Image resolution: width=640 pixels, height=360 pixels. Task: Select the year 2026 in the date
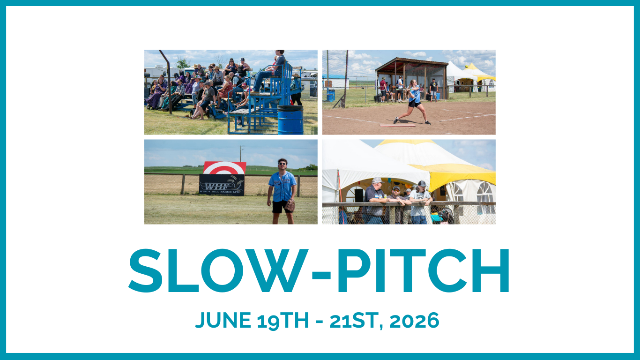414,321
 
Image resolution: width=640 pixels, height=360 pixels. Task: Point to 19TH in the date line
283,321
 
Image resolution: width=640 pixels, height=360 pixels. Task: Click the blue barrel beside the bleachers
290,120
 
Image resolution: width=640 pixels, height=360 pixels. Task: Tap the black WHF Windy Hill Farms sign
222,185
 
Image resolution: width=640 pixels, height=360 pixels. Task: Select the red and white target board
224,168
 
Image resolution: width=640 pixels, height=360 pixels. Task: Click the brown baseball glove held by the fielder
290,206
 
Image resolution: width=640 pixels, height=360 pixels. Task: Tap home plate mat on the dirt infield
397,125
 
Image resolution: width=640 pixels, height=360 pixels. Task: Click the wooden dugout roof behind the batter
411,61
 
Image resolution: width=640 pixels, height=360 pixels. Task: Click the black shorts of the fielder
282,207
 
